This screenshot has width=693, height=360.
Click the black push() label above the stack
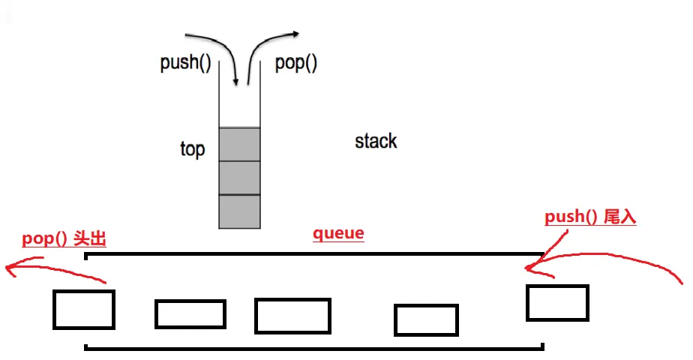tap(185, 63)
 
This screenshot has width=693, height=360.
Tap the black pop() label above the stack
tap(296, 63)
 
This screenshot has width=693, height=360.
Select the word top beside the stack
tap(192, 148)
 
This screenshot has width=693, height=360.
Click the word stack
tap(376, 141)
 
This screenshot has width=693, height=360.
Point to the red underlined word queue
tap(338, 233)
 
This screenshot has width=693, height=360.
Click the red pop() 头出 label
tap(64, 239)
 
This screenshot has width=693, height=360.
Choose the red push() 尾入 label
tap(590, 217)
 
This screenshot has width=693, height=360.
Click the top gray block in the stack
tap(239, 144)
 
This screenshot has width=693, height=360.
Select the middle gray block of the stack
tap(239, 178)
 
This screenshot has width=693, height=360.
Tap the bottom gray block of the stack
tap(239, 211)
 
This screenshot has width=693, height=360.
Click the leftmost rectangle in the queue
tap(83, 310)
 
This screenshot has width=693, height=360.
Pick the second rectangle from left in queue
tap(190, 314)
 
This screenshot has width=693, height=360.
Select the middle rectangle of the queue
tap(292, 316)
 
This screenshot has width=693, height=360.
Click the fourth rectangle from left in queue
tap(426, 320)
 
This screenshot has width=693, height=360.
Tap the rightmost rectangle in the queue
tap(557, 303)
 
